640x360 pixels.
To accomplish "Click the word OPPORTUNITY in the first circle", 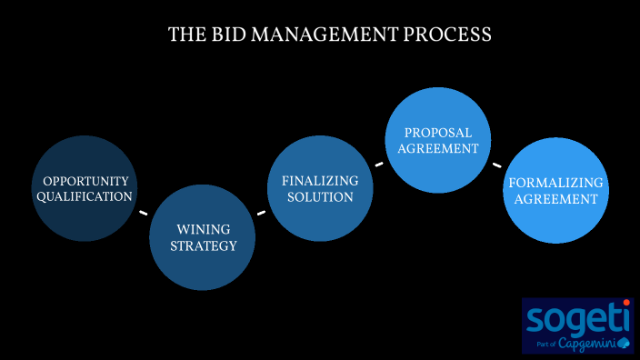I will pyautogui.click(x=85, y=181).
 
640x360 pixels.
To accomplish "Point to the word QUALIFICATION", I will pyautogui.click(x=85, y=196).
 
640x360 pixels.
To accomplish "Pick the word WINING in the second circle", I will pyautogui.click(x=203, y=229).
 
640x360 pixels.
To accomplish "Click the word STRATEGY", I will pyautogui.click(x=203, y=245).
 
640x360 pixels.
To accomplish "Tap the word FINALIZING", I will pyautogui.click(x=320, y=181).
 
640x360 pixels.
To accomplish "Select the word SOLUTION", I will pyautogui.click(x=320, y=197).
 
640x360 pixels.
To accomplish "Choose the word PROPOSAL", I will pyautogui.click(x=439, y=133).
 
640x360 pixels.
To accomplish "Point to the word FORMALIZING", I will pyautogui.click(x=555, y=182).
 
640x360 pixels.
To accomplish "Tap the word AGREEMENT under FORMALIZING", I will pyautogui.click(x=555, y=198).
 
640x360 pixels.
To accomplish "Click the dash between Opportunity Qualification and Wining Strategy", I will pyautogui.click(x=143, y=213).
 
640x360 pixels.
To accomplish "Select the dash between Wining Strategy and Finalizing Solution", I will pyautogui.click(x=261, y=214).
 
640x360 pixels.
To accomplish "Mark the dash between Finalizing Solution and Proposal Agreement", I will pyautogui.click(x=379, y=165).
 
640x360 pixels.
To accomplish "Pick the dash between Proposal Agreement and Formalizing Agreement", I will pyautogui.click(x=496, y=165).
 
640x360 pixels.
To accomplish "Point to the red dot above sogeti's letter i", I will pyautogui.click(x=626, y=303).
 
